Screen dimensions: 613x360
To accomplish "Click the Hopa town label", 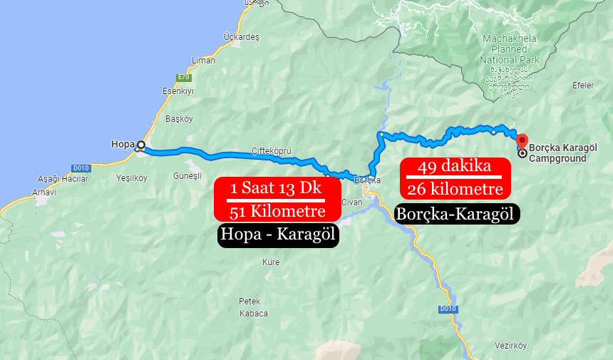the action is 123,144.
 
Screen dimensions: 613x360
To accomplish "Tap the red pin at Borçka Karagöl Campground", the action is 522,140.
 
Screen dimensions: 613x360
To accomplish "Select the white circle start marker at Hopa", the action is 140,145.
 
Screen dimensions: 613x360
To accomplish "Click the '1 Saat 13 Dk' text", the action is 276,189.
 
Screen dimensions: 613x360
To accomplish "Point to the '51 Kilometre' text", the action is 277,211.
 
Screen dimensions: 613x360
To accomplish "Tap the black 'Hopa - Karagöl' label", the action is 277,235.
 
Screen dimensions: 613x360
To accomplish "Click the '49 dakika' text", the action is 455,167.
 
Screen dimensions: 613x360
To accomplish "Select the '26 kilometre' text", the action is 455,189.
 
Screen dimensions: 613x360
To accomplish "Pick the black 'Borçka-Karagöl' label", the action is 456,213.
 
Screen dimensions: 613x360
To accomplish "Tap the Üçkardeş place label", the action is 241,36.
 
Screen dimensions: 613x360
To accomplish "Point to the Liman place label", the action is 203,61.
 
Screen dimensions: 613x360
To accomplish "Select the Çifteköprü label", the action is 272,150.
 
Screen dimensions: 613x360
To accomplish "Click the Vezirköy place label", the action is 510,346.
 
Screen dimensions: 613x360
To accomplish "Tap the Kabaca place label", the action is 253,313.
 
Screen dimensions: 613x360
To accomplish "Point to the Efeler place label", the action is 583,86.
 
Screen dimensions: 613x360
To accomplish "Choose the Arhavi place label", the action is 44,192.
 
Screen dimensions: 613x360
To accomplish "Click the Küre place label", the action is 271,262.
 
